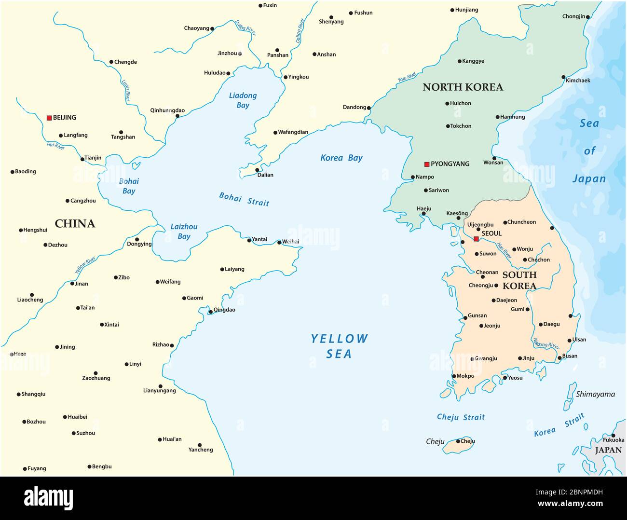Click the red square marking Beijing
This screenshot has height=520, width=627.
pos(49,118)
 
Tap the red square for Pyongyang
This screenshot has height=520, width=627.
pos(427,164)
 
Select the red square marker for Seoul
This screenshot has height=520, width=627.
pos(476,239)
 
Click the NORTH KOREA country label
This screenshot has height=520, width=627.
pos(463,87)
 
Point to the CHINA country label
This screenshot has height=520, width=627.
pos(75,223)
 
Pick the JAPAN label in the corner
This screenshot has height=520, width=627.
pos(608,450)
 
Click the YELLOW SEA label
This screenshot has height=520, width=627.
pos(339,346)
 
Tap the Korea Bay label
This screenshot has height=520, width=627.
pos(341,158)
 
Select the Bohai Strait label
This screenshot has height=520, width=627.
pos(244,199)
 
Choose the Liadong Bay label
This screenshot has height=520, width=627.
pos(243,100)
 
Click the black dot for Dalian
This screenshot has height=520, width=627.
pos(257,170)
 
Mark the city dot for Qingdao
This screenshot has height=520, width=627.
pos(210,312)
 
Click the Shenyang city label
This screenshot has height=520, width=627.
pos(331,22)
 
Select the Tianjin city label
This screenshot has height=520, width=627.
pos(93,158)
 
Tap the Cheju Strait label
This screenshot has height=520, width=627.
pos(461,417)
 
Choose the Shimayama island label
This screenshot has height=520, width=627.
pos(595,395)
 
